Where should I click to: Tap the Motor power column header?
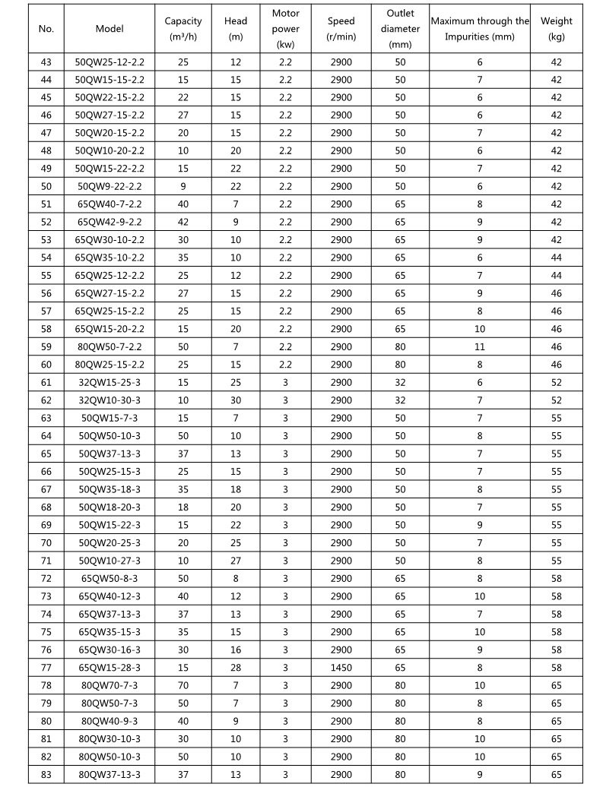[285, 29]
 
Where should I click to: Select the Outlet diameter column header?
[399, 29]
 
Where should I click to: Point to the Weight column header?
[556, 28]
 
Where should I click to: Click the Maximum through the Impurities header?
[480, 28]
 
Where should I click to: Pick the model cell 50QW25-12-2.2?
[109, 62]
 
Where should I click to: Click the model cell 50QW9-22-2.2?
[109, 186]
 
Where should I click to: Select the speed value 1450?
[341, 668]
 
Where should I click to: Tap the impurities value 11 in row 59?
[480, 346]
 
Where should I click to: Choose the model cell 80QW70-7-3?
[109, 685]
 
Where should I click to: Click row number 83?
[46, 774]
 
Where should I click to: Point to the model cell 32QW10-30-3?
[109, 400]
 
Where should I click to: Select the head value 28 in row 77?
[236, 668]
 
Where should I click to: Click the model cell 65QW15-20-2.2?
[109, 329]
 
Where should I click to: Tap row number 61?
[46, 383]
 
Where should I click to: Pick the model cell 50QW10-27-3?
[109, 561]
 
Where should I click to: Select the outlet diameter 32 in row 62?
[399, 400]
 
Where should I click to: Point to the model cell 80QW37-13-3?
[109, 774]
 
